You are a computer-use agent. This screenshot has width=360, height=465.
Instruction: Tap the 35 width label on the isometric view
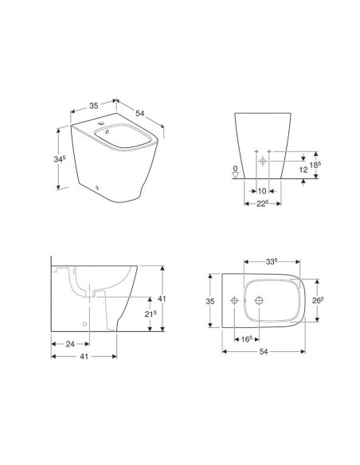[x=94, y=104]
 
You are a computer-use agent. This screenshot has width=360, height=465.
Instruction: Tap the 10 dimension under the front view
[x=261, y=191]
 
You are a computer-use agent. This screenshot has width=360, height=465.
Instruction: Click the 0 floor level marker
[x=233, y=169]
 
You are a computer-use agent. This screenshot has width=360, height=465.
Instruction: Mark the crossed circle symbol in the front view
[x=262, y=161]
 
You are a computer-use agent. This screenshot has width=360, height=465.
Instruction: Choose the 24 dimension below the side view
[x=70, y=345]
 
